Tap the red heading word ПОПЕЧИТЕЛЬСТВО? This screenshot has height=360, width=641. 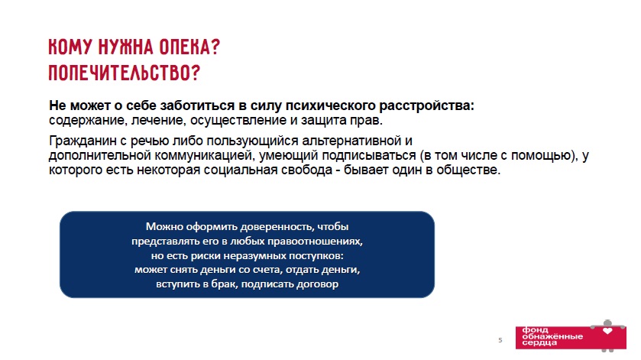tap(125, 73)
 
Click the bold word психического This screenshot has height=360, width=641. tap(330, 105)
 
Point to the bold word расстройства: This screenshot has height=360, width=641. tap(427, 105)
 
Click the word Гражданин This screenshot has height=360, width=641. tap(83, 141)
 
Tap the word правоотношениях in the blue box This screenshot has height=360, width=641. tap(315, 242)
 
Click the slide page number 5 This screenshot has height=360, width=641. tap(500, 340)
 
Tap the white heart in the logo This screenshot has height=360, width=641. tap(608, 331)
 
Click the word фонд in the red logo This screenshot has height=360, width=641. tap(535, 330)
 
